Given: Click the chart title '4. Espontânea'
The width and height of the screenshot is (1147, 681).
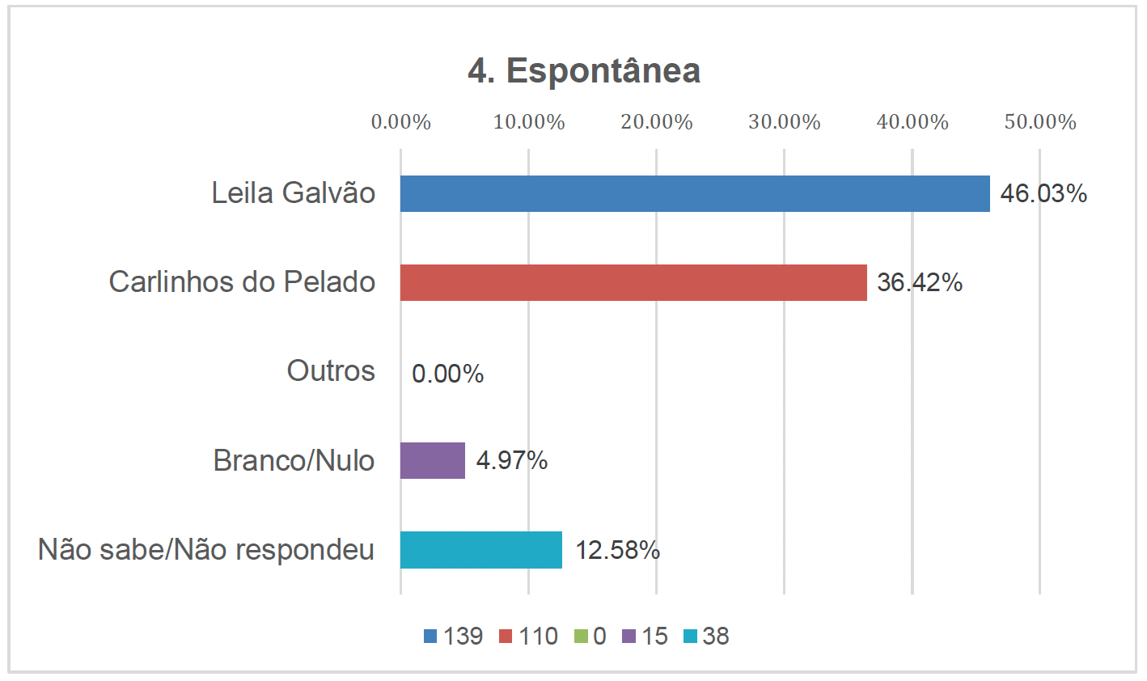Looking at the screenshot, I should click(x=583, y=71).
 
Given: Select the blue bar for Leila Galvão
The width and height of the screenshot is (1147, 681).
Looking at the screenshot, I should click(x=694, y=194).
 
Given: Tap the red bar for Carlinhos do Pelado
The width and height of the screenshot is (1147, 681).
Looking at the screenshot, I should click(x=633, y=283).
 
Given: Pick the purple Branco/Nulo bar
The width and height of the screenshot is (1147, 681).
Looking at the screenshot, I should click(x=433, y=461).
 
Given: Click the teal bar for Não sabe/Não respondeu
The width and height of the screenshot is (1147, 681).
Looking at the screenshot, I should click(x=480, y=550).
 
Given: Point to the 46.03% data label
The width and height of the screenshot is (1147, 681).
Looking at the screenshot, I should click(x=1043, y=194).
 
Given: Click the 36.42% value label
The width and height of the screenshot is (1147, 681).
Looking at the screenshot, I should click(x=920, y=283).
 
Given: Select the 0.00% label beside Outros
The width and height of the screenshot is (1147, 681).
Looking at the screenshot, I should click(x=447, y=374).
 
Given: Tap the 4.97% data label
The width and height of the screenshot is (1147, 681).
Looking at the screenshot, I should click(x=511, y=461).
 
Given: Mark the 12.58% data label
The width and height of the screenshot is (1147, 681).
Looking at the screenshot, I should click(x=617, y=551).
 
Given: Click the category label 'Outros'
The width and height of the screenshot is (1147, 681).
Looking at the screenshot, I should click(x=331, y=371).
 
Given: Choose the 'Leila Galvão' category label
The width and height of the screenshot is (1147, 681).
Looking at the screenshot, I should click(x=294, y=193).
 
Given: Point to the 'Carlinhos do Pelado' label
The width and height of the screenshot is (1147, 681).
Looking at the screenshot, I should click(x=242, y=282).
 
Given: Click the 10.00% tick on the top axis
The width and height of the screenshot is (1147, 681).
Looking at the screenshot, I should click(x=529, y=122).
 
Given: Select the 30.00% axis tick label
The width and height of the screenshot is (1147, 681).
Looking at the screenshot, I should click(x=784, y=122).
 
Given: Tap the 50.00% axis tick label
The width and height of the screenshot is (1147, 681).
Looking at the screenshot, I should click(x=1040, y=122).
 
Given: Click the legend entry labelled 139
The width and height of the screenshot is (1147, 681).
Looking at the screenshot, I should click(x=454, y=637).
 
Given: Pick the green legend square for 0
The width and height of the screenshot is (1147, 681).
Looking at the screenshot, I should click(x=581, y=637).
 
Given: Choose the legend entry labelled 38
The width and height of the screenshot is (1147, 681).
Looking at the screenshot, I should click(x=706, y=637).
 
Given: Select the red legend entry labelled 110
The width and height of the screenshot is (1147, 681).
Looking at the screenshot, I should click(x=529, y=637).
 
